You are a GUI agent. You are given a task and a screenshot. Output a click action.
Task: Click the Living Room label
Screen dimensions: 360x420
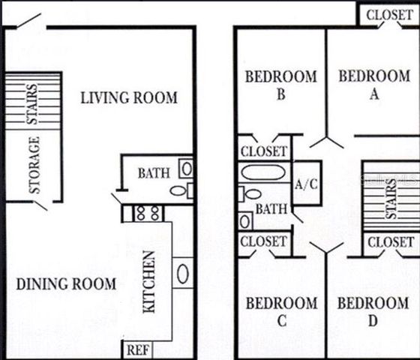129,97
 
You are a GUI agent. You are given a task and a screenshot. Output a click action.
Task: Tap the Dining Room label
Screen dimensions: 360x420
66,284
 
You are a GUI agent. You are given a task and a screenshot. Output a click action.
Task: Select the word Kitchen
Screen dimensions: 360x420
149,282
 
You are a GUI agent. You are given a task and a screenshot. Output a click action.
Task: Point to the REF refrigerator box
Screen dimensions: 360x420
136,349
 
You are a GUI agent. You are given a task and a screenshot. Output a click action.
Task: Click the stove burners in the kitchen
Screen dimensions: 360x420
148,214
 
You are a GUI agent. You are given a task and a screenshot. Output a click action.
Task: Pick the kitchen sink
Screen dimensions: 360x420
182,271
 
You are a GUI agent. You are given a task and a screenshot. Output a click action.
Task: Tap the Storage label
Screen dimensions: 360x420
34,165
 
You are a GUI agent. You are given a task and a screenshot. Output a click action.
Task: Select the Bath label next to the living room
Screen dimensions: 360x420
153,173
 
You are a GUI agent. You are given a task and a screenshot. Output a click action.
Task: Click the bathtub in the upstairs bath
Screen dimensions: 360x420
262,172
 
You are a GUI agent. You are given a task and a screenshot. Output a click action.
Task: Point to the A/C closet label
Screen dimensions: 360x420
305,183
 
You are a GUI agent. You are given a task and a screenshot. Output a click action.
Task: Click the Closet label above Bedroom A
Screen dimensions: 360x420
388,13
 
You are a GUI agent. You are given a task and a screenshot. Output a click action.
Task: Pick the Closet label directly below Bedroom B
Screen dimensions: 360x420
263,151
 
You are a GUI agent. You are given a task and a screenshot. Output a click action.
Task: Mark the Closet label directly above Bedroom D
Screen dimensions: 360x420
391,242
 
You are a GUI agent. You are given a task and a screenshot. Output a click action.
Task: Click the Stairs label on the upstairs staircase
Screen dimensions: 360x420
391,199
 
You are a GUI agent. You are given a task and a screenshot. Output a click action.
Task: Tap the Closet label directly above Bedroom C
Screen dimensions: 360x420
263,241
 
